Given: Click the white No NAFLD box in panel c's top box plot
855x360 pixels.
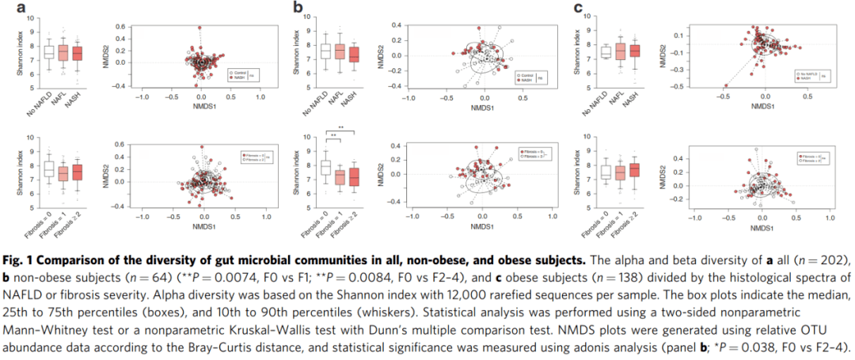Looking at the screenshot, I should pyautogui.click(x=606, y=52).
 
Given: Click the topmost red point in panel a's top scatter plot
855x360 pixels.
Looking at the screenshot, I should pyautogui.click(x=200, y=27).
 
